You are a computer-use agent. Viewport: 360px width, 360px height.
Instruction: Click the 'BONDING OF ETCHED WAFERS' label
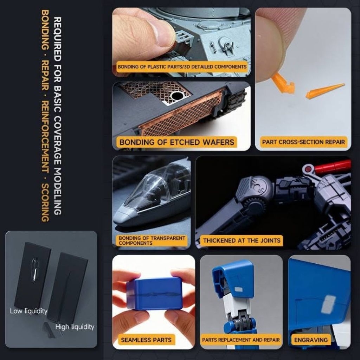[177, 142]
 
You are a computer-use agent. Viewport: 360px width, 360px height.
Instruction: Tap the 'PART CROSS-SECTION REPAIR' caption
[303, 142]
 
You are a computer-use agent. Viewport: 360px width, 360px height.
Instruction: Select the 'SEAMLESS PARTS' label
[146, 340]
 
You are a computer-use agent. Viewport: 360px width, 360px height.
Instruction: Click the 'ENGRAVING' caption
[311, 340]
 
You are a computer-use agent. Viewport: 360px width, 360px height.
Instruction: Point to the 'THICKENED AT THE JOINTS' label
[242, 240]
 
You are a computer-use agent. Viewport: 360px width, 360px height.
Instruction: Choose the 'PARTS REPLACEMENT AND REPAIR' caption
[241, 340]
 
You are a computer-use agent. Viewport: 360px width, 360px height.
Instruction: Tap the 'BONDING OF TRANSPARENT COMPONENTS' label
[152, 240]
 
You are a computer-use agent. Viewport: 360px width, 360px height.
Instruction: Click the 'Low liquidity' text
[28, 311]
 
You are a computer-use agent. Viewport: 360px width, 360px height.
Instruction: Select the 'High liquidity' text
[75, 327]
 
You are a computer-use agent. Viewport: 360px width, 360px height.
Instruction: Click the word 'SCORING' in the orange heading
[45, 202]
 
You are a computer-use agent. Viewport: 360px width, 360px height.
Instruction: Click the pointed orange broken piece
[325, 91]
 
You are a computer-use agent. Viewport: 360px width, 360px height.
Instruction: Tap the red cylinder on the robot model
[333, 167]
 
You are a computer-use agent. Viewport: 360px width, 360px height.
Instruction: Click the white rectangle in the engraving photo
[328, 304]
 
